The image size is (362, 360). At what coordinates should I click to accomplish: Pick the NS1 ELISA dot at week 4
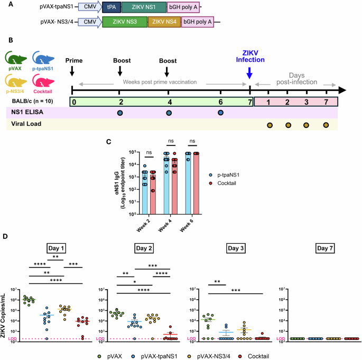pos(169,113)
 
